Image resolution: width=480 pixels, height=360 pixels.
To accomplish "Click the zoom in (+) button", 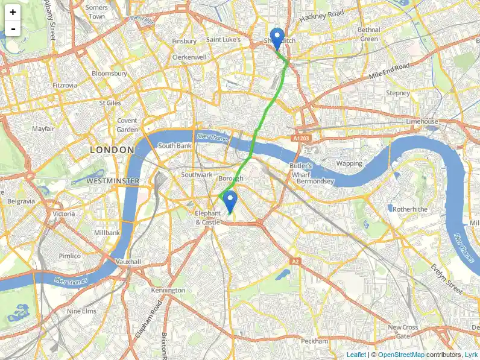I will [x=13, y=12].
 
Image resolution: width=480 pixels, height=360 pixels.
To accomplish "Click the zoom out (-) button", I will [x=13, y=28].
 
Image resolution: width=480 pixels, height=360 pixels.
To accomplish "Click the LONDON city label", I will [x=112, y=150].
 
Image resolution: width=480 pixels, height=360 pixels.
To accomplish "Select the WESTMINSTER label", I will [x=113, y=181].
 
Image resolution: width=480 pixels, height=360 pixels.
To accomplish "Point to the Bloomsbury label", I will [x=109, y=74].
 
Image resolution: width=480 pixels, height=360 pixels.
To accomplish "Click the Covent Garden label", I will [x=127, y=125].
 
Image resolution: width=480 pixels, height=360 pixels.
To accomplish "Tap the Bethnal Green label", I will [x=368, y=34].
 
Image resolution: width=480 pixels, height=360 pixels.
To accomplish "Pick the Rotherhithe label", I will [x=409, y=209].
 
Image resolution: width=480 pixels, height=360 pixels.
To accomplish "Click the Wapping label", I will [x=349, y=163].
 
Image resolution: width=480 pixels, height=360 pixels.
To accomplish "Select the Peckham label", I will [x=314, y=341].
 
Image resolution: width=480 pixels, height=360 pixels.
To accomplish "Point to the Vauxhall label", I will [x=128, y=262].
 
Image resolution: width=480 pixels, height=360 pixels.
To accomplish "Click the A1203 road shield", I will [x=302, y=139].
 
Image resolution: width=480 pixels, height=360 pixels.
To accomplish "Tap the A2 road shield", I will [x=295, y=261].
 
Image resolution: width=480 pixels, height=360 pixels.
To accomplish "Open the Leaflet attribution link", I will [x=356, y=355].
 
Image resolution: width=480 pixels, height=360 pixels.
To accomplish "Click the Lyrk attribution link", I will [x=470, y=355].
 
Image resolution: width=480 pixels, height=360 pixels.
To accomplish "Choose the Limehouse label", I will [x=422, y=121].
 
